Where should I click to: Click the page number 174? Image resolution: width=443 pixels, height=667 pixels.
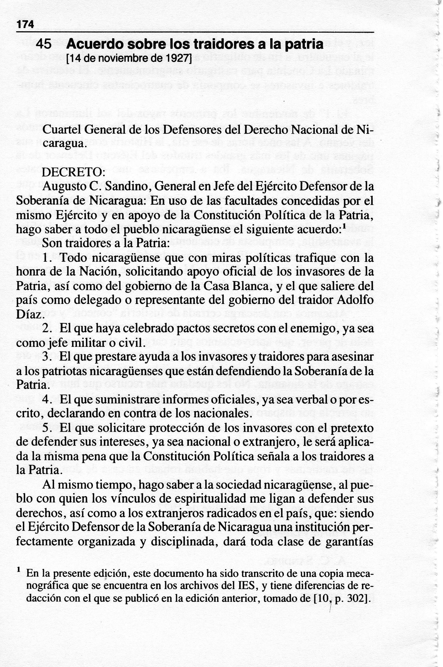(25, 24)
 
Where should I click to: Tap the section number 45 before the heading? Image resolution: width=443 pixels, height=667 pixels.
(44, 44)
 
